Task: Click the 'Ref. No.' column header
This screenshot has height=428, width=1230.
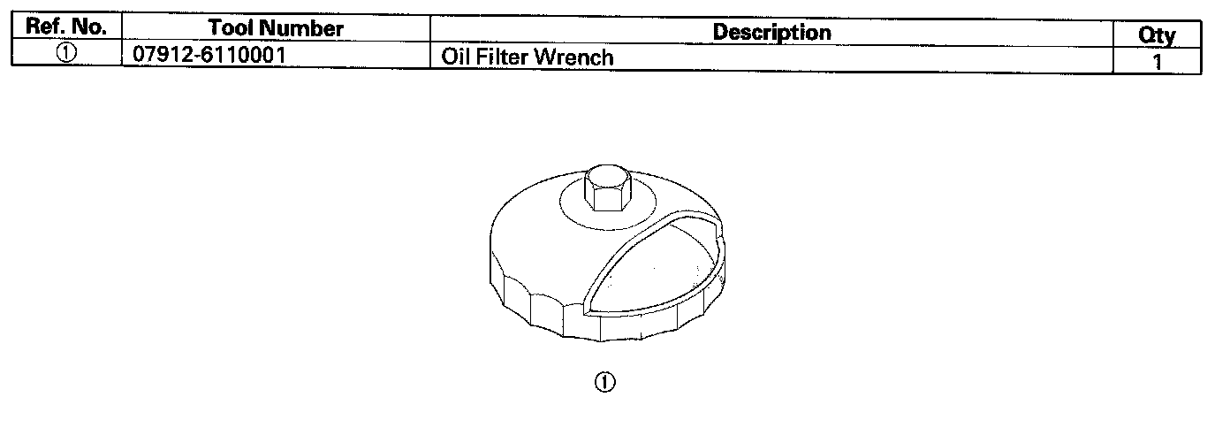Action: [x=65, y=27]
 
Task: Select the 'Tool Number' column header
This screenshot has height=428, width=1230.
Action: [x=276, y=28]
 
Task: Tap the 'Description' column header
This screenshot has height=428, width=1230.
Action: [x=771, y=32]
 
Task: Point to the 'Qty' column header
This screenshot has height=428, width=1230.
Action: [x=1158, y=35]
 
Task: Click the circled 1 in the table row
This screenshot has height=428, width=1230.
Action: [x=66, y=53]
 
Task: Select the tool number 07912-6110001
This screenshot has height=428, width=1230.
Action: [x=209, y=57]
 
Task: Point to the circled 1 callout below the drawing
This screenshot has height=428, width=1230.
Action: [x=605, y=382]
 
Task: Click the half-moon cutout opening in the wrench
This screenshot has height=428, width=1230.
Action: [x=654, y=265]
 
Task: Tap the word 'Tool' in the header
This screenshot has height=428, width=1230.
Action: [x=232, y=28]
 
